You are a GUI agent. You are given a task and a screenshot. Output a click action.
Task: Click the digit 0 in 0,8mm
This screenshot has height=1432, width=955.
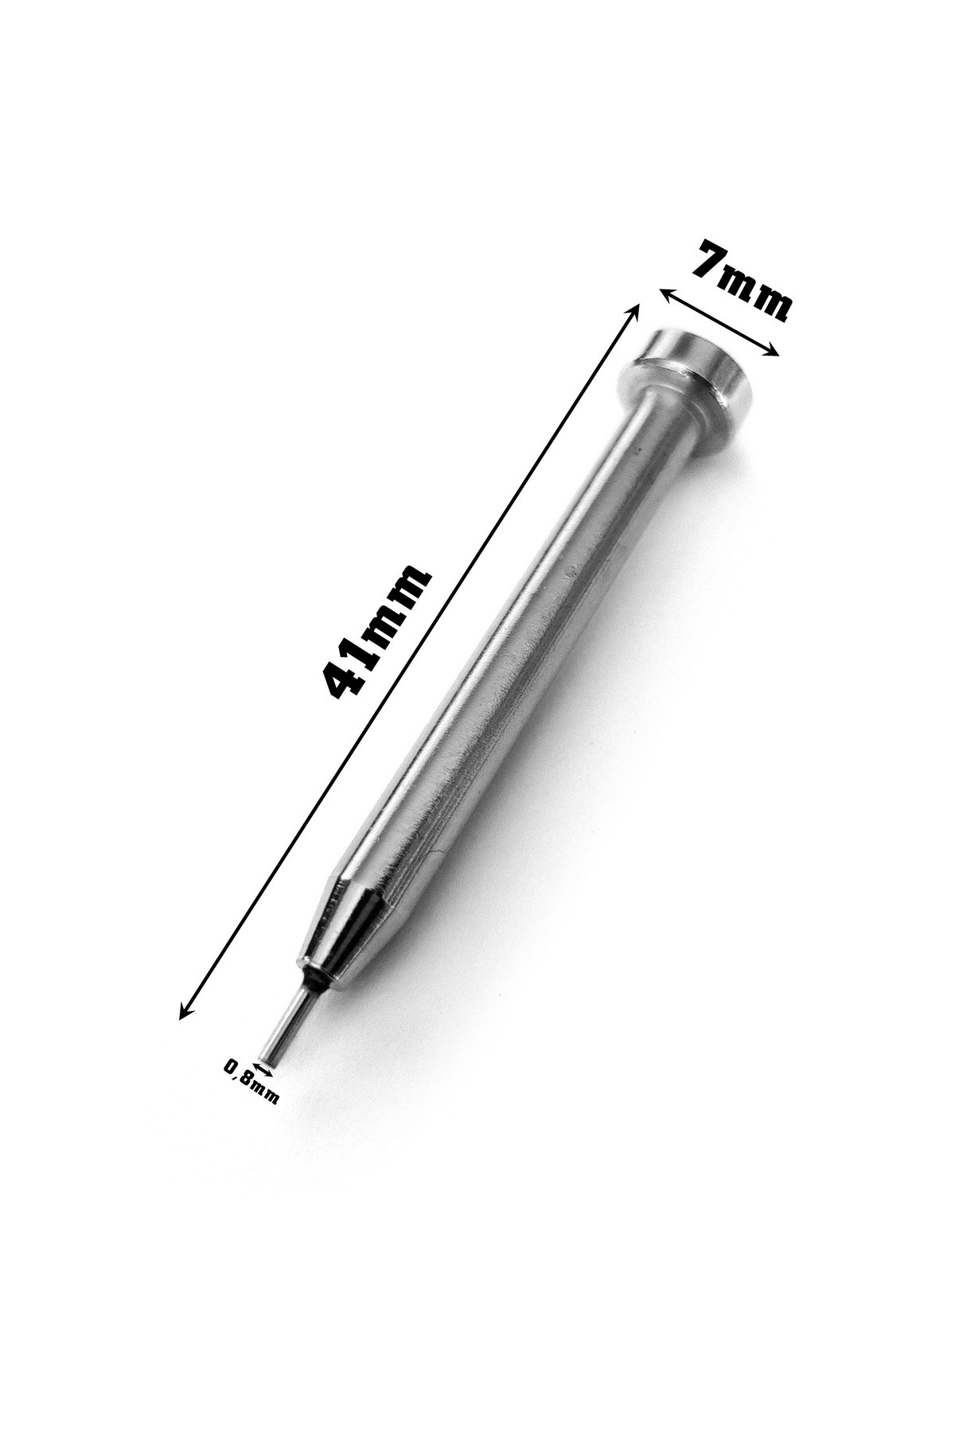(232, 1067)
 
